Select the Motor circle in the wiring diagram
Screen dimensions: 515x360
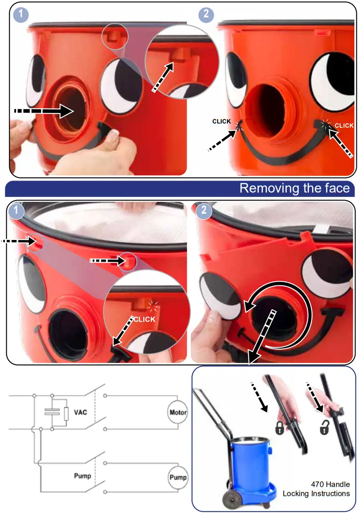[x=178, y=413]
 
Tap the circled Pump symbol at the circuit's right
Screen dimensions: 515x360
[x=178, y=478]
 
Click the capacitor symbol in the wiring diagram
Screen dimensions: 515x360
[x=52, y=413]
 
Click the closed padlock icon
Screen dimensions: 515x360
[x=279, y=429]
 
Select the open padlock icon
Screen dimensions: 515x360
[x=325, y=429]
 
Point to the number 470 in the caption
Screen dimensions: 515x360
[x=319, y=484]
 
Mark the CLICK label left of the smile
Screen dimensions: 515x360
[x=222, y=121]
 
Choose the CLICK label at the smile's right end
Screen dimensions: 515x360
[x=344, y=126]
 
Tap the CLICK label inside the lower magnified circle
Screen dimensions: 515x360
[x=145, y=319]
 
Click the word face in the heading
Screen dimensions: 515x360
[x=337, y=188]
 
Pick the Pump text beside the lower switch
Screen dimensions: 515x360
[x=82, y=476]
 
